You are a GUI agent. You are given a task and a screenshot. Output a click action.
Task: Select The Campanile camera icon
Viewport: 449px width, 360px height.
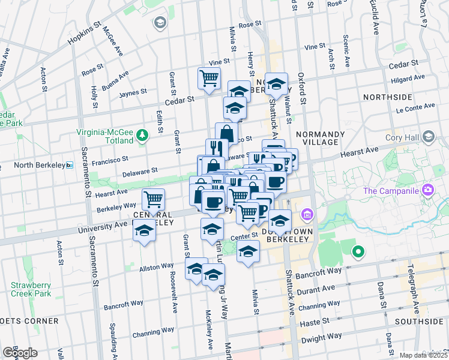428,191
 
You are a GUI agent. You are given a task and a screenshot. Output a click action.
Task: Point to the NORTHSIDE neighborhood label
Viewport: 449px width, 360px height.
387,97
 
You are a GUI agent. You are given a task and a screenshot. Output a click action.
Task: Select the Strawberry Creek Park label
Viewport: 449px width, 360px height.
30,289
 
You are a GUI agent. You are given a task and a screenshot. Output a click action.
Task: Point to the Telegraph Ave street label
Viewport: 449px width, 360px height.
415,296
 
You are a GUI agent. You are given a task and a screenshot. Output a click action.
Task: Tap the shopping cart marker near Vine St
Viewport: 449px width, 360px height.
209,78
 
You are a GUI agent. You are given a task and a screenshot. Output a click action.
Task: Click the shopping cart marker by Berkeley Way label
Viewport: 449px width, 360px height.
154,199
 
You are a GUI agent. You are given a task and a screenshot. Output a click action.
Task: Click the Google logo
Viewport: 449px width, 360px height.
20,353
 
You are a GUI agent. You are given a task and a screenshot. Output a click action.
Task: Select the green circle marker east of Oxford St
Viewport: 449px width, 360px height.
358,252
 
